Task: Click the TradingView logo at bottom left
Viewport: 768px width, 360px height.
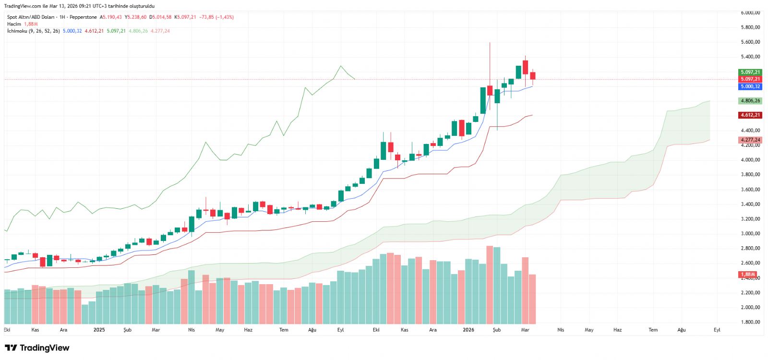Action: click(37, 348)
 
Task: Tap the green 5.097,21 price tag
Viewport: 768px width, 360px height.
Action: click(750, 72)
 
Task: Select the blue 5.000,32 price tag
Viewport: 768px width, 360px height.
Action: click(750, 86)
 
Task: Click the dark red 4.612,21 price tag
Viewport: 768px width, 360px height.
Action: click(750, 115)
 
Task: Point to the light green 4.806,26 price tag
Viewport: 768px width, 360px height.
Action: click(750, 101)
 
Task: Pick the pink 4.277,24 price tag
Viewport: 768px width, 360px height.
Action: click(750, 140)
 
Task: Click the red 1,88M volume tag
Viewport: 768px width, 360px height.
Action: click(748, 275)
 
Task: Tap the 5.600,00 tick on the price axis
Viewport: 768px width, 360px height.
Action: click(750, 42)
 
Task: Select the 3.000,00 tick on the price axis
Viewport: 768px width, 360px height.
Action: click(750, 234)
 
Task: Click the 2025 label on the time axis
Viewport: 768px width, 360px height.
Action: click(99, 330)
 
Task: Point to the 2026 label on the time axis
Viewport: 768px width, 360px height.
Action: click(468, 330)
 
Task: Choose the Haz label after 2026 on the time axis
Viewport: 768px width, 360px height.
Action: click(617, 330)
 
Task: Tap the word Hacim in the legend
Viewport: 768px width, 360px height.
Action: click(14, 24)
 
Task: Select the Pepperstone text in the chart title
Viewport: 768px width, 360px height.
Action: click(83, 17)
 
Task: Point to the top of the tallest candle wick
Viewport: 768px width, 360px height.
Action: click(490, 43)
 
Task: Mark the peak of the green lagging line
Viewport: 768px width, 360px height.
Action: click(341, 66)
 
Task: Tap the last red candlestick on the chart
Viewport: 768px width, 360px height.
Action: click(533, 76)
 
